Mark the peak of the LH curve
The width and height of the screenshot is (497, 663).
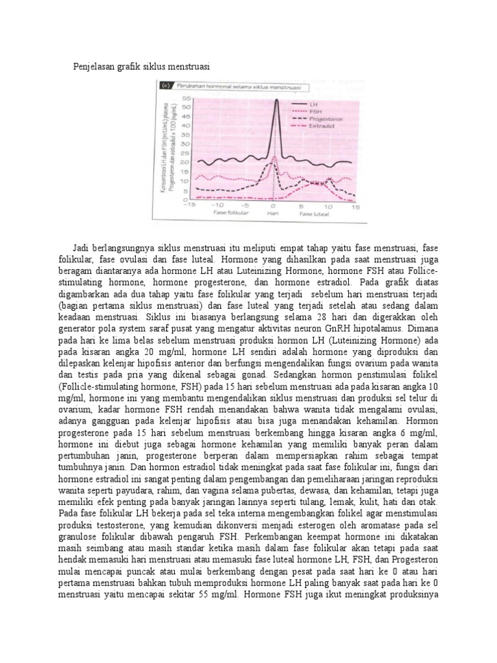[276, 100]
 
